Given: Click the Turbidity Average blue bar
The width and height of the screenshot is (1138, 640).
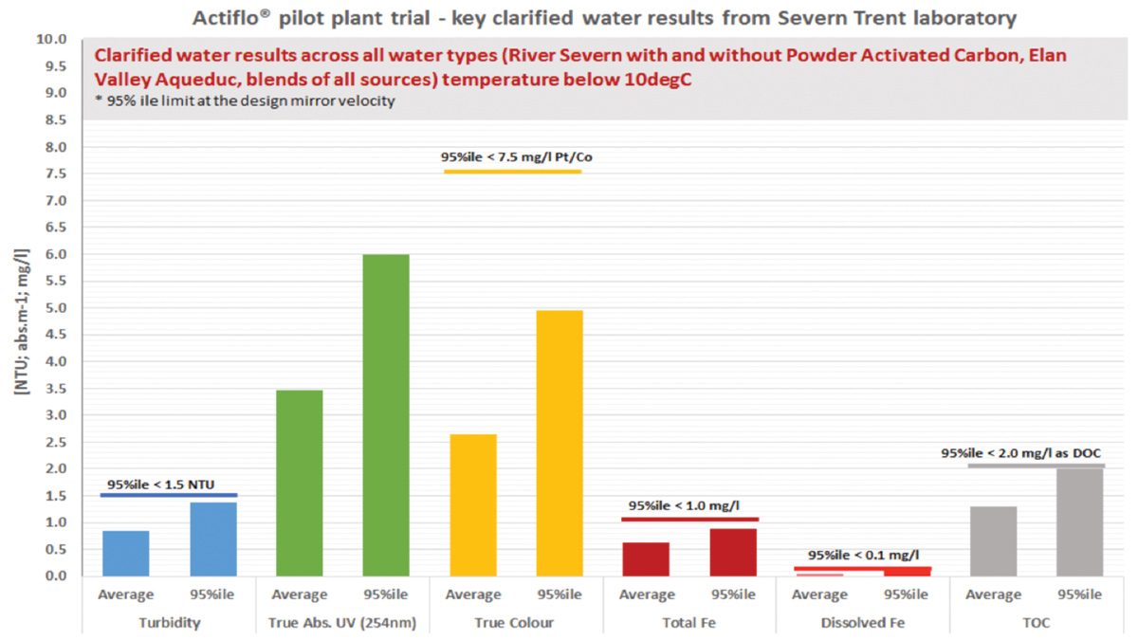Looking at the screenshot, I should pyautogui.click(x=126, y=553).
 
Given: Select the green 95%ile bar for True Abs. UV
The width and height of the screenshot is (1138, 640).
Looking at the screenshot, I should pyautogui.click(x=386, y=415).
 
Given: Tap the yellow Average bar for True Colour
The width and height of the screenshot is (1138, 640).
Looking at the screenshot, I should pyautogui.click(x=473, y=504).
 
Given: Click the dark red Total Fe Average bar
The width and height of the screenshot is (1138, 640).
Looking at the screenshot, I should pyautogui.click(x=646, y=558).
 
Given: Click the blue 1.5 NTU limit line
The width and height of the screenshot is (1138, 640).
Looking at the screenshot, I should pyautogui.click(x=169, y=495).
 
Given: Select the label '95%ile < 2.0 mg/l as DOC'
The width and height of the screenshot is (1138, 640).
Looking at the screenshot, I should pyautogui.click(x=1022, y=453).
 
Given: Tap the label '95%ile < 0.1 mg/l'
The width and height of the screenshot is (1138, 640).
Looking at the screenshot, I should pyautogui.click(x=863, y=555).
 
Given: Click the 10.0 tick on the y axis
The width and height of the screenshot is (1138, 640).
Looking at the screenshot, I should pyautogui.click(x=53, y=40).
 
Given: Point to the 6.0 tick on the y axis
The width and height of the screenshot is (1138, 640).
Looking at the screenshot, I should pyautogui.click(x=56, y=254).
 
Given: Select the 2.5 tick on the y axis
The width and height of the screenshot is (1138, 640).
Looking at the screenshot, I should pyautogui.click(x=56, y=442).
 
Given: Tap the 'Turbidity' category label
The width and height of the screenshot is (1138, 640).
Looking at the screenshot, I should pyautogui.click(x=169, y=623).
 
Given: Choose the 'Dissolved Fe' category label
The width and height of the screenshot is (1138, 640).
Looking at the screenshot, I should pyautogui.click(x=863, y=623).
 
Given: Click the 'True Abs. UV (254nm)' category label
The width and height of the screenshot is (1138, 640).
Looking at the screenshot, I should pyautogui.click(x=342, y=623).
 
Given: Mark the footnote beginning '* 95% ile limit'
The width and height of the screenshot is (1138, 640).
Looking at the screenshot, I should pyautogui.click(x=243, y=101).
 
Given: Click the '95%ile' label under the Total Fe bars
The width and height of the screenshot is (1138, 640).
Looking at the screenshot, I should pyautogui.click(x=732, y=594).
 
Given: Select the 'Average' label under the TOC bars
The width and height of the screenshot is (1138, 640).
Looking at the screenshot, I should pyautogui.click(x=993, y=594).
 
